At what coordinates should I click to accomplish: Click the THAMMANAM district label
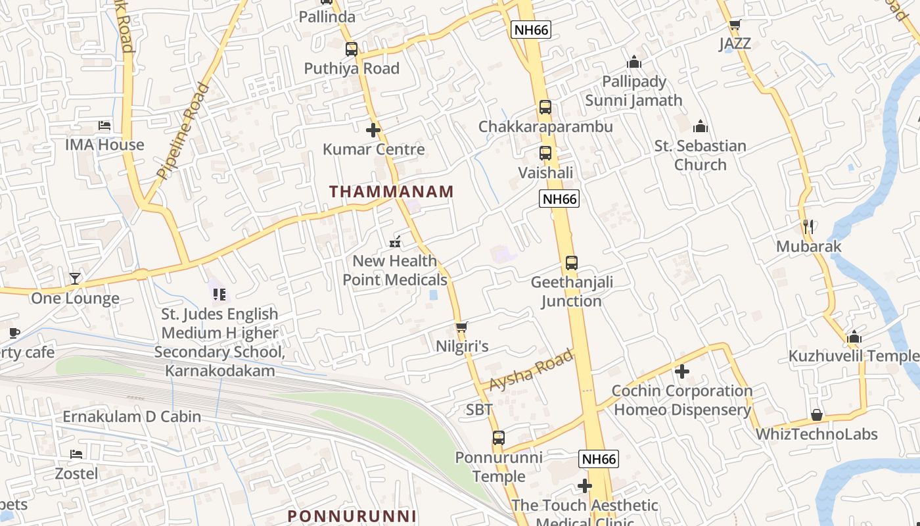coord(391,192)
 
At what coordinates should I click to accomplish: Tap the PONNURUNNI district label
coord(352,516)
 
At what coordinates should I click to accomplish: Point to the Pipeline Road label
coord(183,131)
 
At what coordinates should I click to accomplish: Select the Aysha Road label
coord(532,371)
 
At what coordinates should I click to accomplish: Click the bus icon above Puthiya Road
coord(352,49)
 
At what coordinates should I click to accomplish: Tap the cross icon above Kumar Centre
coord(373,130)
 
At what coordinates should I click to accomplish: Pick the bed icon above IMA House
coord(104,126)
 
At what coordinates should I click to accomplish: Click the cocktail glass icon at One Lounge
coord(75,279)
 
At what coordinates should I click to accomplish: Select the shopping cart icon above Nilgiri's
coord(461,327)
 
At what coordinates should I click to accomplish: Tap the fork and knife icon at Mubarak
coord(808,227)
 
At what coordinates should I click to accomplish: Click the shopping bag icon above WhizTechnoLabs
coord(816,415)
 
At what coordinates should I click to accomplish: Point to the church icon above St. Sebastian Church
coord(701,126)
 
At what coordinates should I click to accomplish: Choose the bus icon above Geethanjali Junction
coord(571,263)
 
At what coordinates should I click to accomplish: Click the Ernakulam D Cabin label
coord(131,416)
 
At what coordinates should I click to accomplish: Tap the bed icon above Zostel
coord(76,454)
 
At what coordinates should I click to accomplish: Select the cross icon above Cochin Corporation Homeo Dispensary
coord(682,371)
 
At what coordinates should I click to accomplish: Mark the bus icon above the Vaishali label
coord(545,153)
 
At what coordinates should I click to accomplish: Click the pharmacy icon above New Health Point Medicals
coord(394,241)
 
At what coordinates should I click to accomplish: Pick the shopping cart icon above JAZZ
coord(735,25)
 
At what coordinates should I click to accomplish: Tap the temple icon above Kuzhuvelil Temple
coord(854,337)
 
